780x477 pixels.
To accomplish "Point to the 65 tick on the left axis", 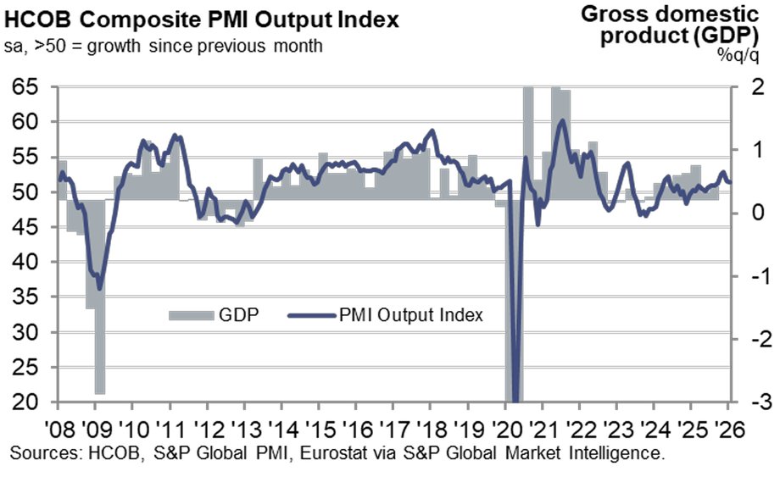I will (x=29, y=86).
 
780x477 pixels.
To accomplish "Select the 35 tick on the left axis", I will (x=29, y=297).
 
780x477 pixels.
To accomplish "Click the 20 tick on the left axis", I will (x=29, y=402).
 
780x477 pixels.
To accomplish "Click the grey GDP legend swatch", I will (x=191, y=316).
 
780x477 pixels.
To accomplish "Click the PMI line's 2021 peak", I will (x=561, y=120).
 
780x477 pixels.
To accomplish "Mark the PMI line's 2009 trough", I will (x=100, y=288).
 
